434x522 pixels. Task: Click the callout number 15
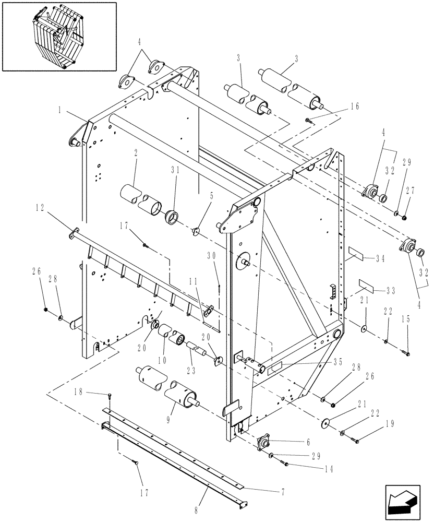[405, 318]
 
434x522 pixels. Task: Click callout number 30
[211, 255]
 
